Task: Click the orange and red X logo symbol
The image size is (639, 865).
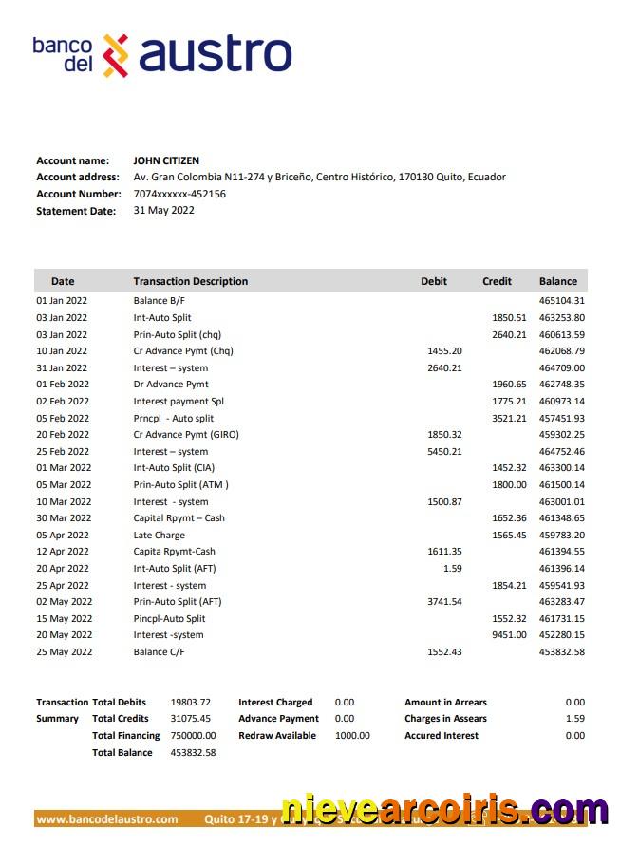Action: tap(115, 54)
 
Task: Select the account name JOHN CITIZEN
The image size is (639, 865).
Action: tap(166, 160)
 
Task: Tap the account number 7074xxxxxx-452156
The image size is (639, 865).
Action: tap(179, 194)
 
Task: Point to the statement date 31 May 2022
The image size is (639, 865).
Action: tap(163, 210)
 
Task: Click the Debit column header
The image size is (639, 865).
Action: tap(434, 281)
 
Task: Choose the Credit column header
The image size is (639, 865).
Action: tap(497, 281)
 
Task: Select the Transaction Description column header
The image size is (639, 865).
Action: tap(190, 281)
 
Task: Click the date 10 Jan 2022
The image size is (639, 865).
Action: tap(62, 351)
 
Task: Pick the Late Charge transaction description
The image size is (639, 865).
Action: tap(159, 535)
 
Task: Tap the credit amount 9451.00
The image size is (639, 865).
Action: tap(509, 635)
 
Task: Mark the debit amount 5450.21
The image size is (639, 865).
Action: tap(444, 451)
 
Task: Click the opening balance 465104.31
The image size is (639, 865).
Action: tap(561, 301)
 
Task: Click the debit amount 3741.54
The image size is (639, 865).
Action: tap(444, 601)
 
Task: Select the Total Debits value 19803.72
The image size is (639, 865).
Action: tap(190, 702)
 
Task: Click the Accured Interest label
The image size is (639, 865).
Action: tap(442, 735)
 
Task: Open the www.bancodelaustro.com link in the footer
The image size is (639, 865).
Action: tap(107, 818)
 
